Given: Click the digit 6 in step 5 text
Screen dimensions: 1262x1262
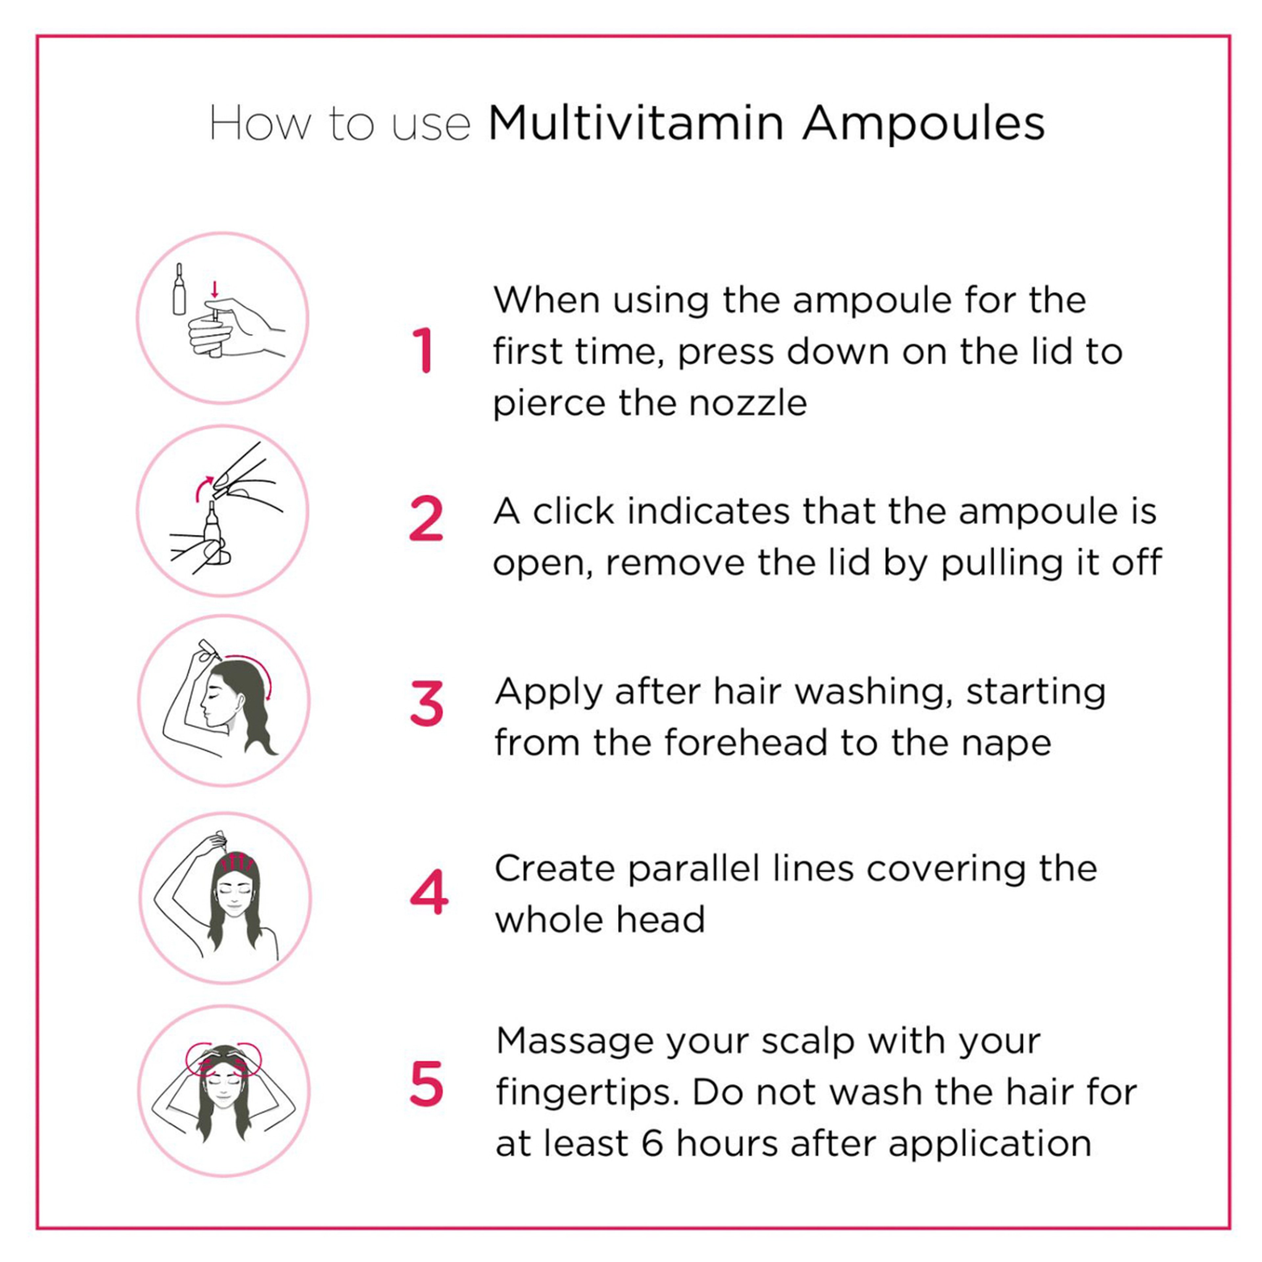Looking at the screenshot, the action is (x=652, y=1144).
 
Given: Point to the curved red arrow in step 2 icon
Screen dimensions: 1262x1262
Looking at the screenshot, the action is (x=203, y=488).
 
